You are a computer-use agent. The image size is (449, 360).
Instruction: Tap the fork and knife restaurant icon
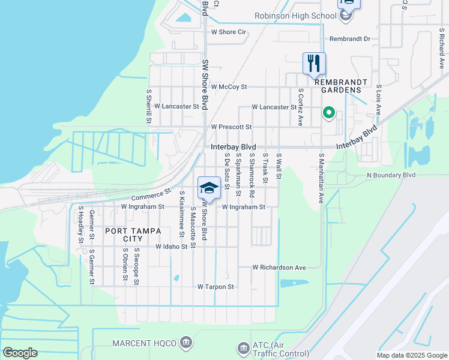tap(314, 63)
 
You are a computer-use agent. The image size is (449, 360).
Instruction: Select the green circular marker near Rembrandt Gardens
tap(328, 112)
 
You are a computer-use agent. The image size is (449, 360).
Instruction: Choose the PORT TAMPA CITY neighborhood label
tap(133, 231)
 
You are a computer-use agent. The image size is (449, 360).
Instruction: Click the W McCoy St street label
tap(229, 87)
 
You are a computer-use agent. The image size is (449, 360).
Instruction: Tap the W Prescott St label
tap(231, 127)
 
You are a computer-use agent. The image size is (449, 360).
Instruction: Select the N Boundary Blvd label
tap(391, 175)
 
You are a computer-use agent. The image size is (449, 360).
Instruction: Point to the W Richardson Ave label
tap(279, 267)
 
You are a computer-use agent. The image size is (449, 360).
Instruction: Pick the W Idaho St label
tap(172, 247)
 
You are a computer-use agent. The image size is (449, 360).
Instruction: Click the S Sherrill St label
tap(149, 107)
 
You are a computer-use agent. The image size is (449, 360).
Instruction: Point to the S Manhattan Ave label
tap(321, 177)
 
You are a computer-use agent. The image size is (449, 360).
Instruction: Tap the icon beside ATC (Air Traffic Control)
tap(243, 347)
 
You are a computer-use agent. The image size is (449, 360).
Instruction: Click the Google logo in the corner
tap(20, 353)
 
